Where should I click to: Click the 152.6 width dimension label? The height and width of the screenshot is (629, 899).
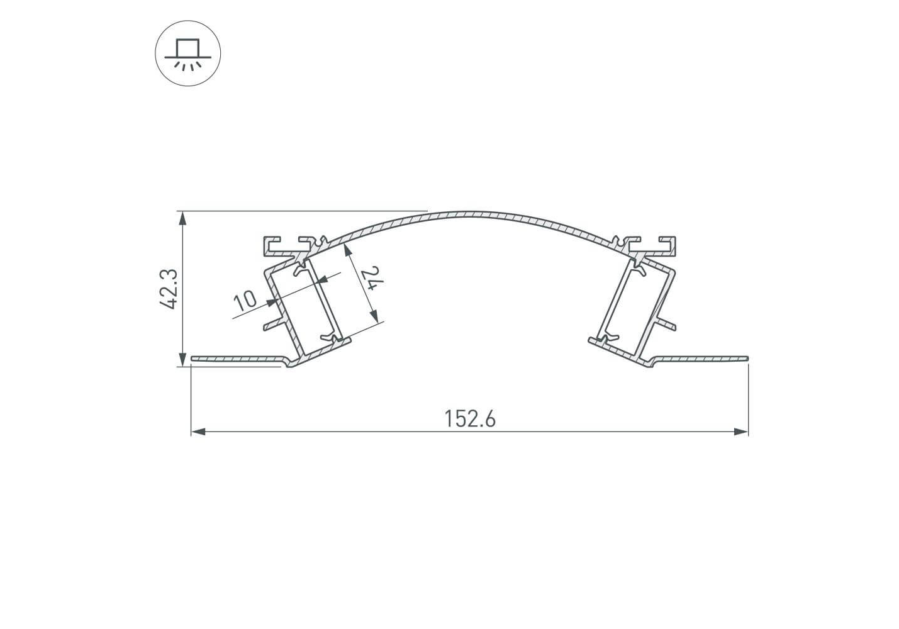tap(470, 419)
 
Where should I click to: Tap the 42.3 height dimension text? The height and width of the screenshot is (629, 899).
tap(169, 289)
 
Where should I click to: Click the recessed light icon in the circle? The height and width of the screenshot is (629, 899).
tap(188, 53)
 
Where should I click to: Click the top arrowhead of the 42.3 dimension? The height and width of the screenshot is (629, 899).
tap(182, 218)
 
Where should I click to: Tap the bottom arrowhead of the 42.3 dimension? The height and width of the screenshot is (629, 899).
tap(182, 359)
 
